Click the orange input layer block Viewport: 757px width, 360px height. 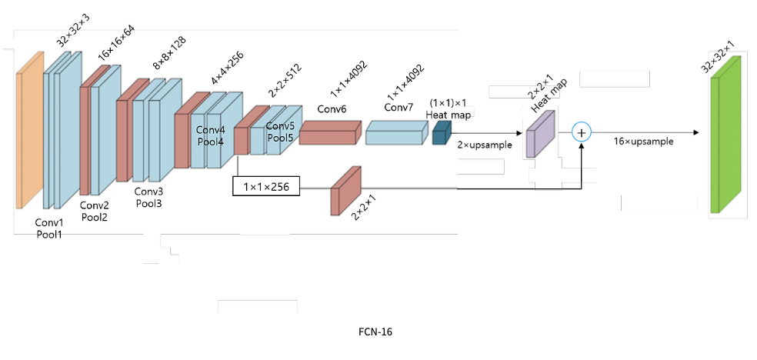tap(29, 131)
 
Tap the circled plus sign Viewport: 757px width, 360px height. tap(582, 132)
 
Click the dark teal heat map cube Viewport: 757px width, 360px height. tap(440, 135)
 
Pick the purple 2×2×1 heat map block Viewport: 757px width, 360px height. tap(539, 132)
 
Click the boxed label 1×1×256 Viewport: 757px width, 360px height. tap(266, 185)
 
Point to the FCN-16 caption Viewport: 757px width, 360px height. tap(377, 332)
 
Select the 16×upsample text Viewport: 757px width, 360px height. tap(644, 142)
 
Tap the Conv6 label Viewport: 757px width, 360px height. tap(332, 109)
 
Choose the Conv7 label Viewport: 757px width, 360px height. tap(399, 107)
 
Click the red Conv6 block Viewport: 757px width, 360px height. tap(329, 132)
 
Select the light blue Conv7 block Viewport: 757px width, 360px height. tap(396, 133)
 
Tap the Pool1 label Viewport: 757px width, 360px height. tap(49, 234)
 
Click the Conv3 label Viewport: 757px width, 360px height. tap(148, 191)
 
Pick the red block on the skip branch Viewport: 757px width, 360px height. tap(345, 190)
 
